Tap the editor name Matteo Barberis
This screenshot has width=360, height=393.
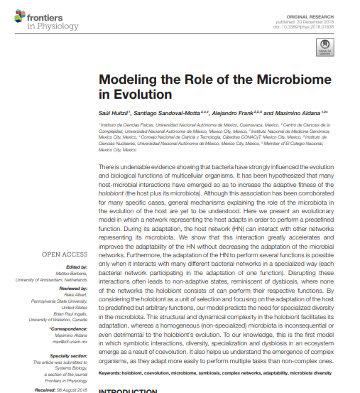72,272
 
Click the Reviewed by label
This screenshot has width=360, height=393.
72,289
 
